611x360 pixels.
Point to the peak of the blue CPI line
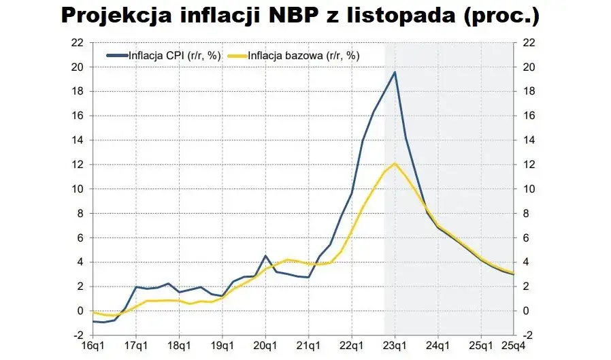[x=395, y=72]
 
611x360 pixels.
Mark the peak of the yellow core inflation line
[x=395, y=163]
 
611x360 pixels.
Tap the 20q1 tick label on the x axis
[x=265, y=346]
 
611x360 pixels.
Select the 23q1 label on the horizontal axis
[x=395, y=346]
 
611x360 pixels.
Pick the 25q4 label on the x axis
[x=513, y=346]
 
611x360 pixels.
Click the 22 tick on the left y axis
[x=80, y=42]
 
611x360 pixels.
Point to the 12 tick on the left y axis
[x=80, y=165]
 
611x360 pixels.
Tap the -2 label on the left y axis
[x=80, y=336]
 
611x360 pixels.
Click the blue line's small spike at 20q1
[x=265, y=256]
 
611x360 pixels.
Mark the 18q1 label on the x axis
[x=178, y=346]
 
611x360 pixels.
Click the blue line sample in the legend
[x=116, y=56]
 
